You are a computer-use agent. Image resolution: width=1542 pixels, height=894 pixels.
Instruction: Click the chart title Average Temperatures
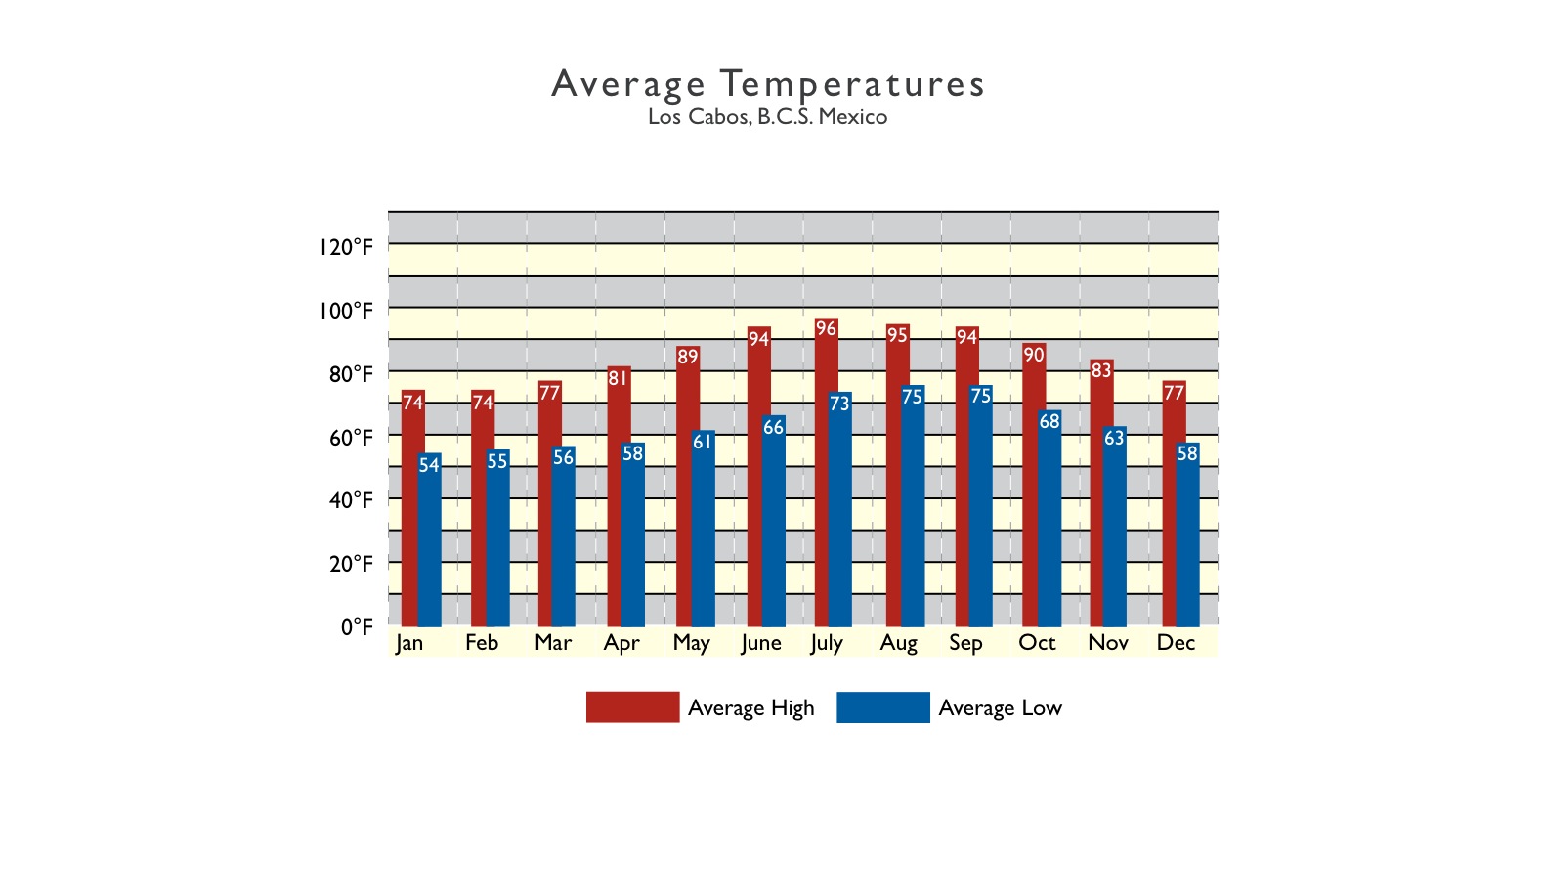[x=768, y=84]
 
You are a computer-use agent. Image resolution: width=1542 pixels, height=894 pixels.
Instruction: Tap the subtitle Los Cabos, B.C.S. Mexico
[x=768, y=117]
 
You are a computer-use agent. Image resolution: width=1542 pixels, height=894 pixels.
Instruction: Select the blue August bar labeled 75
[x=913, y=508]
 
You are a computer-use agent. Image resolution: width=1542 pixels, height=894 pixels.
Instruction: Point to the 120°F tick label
[x=346, y=247]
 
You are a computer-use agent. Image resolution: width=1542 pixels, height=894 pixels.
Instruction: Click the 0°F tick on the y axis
[x=357, y=627]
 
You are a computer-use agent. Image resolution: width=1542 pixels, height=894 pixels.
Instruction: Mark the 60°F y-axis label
[x=350, y=438]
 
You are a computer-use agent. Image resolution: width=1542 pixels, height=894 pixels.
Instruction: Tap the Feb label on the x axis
[x=482, y=643]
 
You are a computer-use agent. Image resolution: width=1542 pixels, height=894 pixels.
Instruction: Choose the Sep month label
[x=965, y=643]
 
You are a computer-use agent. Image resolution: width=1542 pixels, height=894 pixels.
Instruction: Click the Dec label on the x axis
[x=1176, y=643]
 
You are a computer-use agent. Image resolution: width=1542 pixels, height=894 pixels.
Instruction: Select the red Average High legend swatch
[x=632, y=707]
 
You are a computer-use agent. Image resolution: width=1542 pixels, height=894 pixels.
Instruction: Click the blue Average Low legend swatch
[x=882, y=707]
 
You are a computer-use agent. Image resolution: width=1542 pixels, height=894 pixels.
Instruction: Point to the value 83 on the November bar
[x=1101, y=370]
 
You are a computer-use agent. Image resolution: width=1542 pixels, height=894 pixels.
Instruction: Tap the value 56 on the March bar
[x=564, y=457]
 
